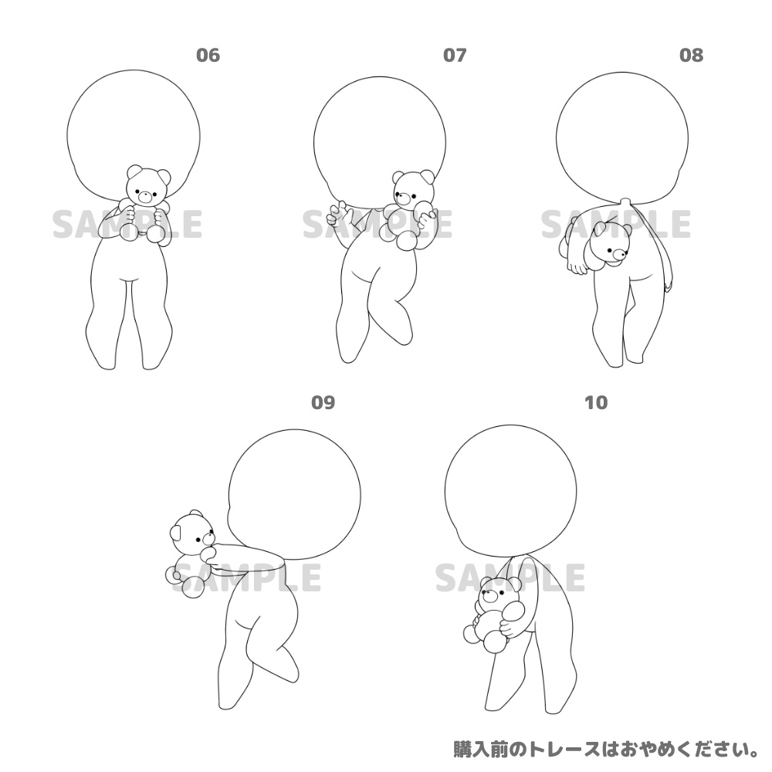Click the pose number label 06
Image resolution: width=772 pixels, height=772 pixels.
tap(208, 55)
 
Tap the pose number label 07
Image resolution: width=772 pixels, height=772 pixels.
tap(455, 55)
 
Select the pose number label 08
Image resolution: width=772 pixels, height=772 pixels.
tap(691, 55)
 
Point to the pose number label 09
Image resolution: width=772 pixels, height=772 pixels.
tap(323, 402)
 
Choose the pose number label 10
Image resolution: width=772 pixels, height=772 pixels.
tap(596, 402)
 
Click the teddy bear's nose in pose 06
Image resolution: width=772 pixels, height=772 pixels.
tap(144, 194)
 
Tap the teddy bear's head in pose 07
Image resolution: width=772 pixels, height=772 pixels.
tap(411, 189)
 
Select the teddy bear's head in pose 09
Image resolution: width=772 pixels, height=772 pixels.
tap(190, 532)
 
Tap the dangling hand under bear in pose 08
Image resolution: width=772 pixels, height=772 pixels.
tap(575, 266)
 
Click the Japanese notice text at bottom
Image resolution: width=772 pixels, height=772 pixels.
tap(606, 748)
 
